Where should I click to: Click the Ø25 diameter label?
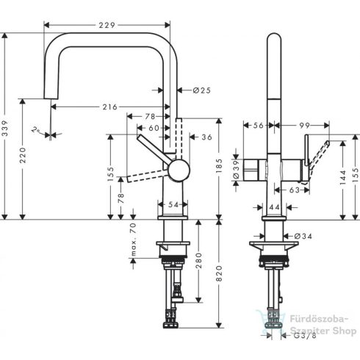click(x=201, y=90)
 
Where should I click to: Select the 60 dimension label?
click(x=153, y=128)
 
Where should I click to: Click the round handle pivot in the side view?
click(x=177, y=172)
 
